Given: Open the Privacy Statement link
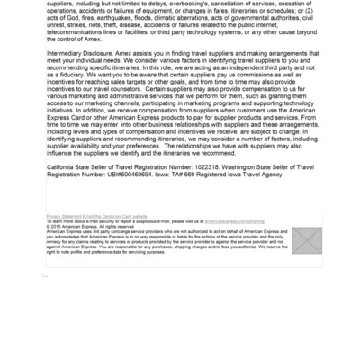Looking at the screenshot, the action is [62, 217].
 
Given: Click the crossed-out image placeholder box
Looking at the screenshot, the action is [307, 240].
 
